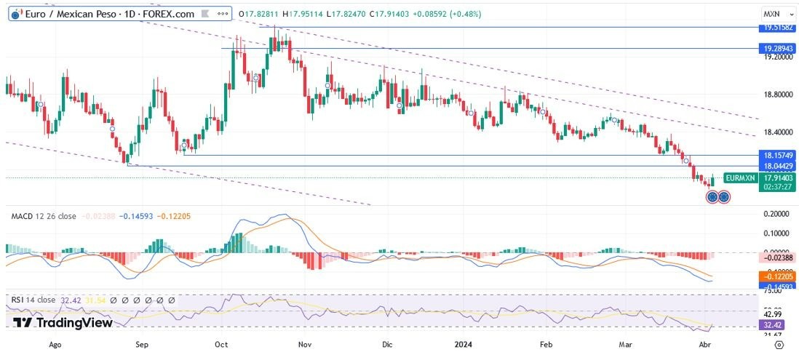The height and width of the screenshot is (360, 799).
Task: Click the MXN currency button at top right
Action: (772, 14)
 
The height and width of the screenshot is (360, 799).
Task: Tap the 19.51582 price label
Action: (776, 27)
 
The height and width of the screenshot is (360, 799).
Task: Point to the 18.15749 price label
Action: (776, 155)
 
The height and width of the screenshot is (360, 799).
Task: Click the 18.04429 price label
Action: (776, 166)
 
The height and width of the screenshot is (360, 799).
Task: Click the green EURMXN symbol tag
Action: (741, 177)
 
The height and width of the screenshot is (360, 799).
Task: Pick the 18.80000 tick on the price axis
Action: (776, 95)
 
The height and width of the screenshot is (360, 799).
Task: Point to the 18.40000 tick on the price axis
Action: (776, 132)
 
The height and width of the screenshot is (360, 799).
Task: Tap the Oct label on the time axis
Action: (223, 345)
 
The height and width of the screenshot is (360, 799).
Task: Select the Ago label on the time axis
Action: (54, 345)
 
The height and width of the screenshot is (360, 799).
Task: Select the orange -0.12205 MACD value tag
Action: (776, 277)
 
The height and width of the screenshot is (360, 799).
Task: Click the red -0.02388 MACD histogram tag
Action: (776, 257)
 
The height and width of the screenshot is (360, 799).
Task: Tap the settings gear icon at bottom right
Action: (779, 345)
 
